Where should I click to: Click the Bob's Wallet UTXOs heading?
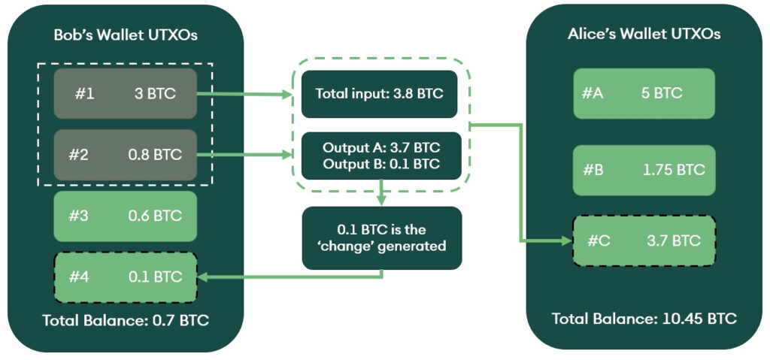click(x=126, y=35)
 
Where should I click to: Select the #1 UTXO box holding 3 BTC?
click(x=126, y=94)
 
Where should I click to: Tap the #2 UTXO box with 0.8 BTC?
click(x=126, y=156)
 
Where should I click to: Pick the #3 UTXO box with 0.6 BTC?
click(x=126, y=216)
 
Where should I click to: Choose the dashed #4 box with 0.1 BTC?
click(x=126, y=277)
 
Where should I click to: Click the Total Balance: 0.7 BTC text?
click(x=126, y=321)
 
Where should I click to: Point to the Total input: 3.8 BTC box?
click(x=379, y=94)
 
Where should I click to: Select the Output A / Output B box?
click(x=379, y=156)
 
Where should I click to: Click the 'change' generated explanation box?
click(x=382, y=237)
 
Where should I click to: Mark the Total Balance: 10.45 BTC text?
click(x=644, y=318)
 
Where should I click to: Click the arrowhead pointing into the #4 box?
click(x=203, y=278)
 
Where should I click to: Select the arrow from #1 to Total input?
click(x=244, y=95)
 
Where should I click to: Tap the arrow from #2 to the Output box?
click(x=244, y=156)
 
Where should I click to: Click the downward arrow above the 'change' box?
click(x=382, y=193)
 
